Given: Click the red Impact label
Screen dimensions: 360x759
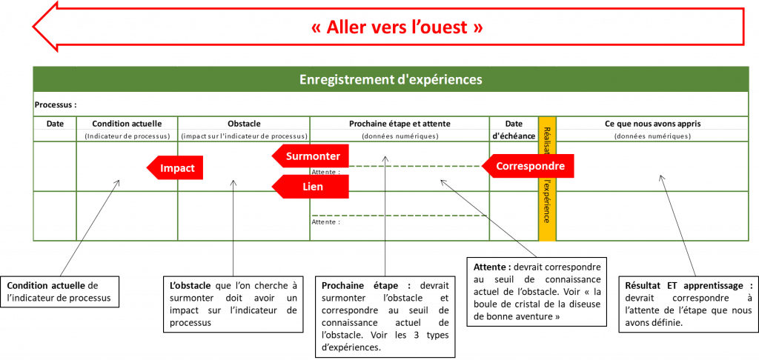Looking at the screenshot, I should [x=176, y=168].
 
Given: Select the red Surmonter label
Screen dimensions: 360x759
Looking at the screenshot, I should [x=312, y=156].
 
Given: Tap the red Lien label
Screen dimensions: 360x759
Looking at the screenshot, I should [x=312, y=187].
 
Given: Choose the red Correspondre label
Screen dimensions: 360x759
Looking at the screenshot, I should [x=530, y=166].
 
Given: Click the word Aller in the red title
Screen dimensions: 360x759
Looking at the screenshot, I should [x=352, y=27].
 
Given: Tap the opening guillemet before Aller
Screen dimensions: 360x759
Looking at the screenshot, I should [x=316, y=27].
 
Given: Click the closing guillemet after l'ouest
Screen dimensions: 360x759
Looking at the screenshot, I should [x=478, y=27].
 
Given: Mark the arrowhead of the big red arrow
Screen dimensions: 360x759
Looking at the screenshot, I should [x=44, y=27].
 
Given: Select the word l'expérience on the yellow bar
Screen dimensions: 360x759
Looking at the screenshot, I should [x=547, y=201].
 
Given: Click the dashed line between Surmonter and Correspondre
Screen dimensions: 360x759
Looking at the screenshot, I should [x=415, y=166].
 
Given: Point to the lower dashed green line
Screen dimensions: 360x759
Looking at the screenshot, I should [x=400, y=216].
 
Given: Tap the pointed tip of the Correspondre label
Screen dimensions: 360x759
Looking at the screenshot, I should [x=483, y=166].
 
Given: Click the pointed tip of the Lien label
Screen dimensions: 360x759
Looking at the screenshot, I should [x=273, y=187].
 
